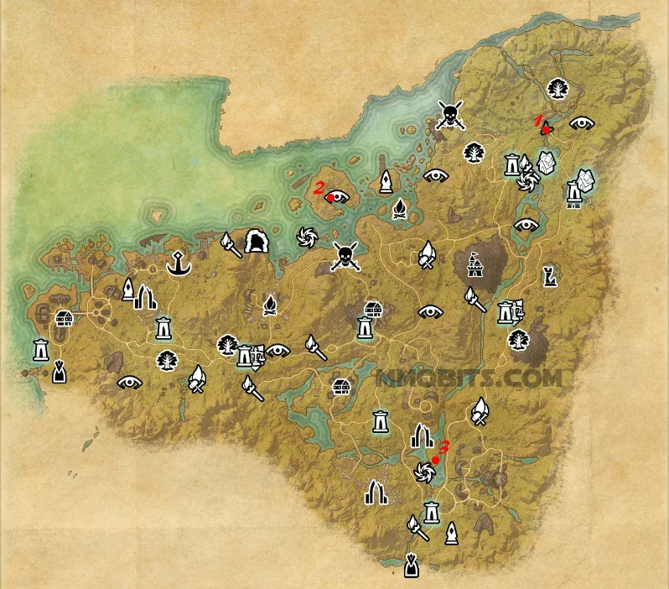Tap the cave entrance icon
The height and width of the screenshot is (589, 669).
click(x=256, y=243)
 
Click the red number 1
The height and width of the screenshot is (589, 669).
click(x=540, y=120)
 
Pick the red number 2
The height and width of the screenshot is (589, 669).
click(x=319, y=188)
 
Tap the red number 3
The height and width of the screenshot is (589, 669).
click(x=444, y=447)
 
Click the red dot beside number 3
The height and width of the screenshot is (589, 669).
click(x=436, y=461)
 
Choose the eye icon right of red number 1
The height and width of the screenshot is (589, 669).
click(x=581, y=122)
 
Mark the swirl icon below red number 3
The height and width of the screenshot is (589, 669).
click(x=424, y=473)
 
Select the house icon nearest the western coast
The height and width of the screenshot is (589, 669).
click(x=64, y=318)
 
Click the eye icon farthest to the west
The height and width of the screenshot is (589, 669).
click(x=129, y=382)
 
